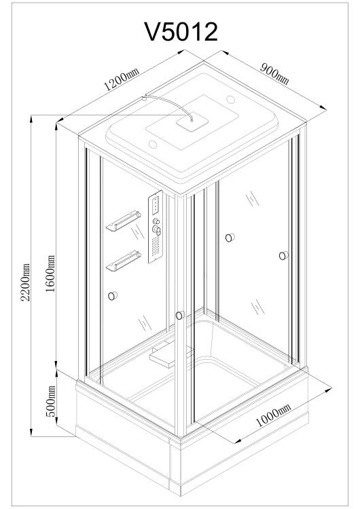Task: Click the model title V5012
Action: click(x=181, y=32)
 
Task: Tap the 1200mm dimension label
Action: click(x=121, y=79)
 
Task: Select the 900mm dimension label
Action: click(x=274, y=74)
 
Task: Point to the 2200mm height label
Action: click(x=25, y=282)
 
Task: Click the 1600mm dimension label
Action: click(x=50, y=274)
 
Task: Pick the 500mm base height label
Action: click(x=50, y=401)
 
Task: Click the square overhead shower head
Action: click(x=192, y=122)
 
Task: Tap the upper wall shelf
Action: click(x=124, y=221)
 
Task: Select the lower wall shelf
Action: click(x=124, y=261)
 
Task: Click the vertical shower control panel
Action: click(x=156, y=227)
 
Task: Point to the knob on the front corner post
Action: click(x=180, y=315)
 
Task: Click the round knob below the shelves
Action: click(x=113, y=296)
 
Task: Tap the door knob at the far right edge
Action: click(x=284, y=255)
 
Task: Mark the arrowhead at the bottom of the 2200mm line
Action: click(x=31, y=433)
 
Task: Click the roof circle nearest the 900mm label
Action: click(x=231, y=99)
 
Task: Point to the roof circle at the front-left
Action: click(x=153, y=145)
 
